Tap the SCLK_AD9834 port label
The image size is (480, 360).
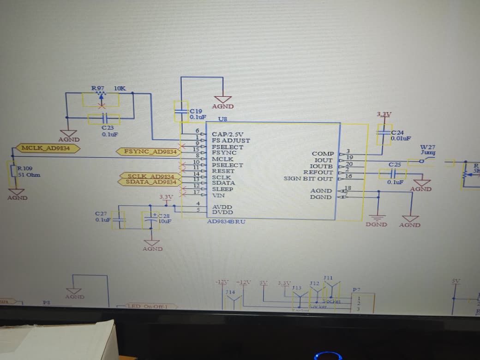[x=150, y=176]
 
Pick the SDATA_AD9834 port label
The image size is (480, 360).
[x=150, y=182]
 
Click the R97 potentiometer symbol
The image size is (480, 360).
[x=100, y=99]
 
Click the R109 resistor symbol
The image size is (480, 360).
[x=14, y=171]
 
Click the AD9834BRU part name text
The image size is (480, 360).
[x=226, y=222]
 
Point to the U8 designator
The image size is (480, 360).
[x=222, y=119]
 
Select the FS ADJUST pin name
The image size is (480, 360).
[x=231, y=140]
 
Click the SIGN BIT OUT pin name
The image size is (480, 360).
[x=308, y=179]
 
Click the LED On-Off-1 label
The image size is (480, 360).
[x=146, y=306]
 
